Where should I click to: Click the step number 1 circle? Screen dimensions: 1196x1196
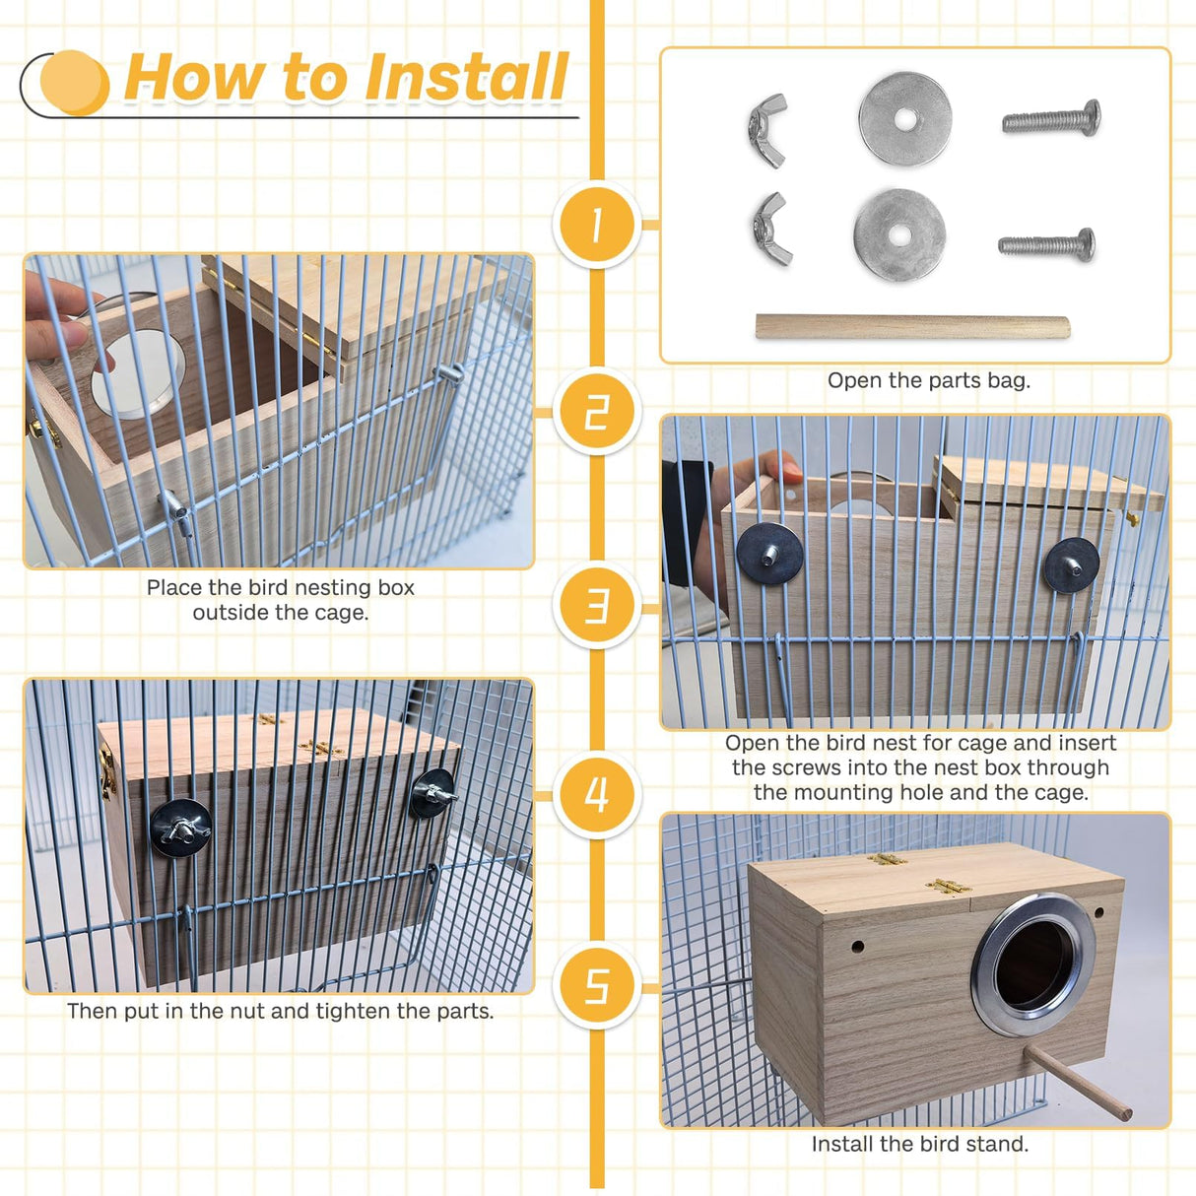tap(597, 225)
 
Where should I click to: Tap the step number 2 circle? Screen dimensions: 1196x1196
tap(597, 412)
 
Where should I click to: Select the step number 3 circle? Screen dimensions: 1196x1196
tap(597, 605)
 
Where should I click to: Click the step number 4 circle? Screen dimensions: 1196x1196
tap(597, 794)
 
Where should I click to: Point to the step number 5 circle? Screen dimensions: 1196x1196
tap(597, 985)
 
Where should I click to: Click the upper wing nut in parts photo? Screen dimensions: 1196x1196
tap(768, 130)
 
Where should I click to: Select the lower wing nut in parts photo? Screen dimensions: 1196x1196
tap(771, 230)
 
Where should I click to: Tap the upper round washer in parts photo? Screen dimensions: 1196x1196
tap(904, 119)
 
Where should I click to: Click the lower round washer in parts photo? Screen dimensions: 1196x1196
tap(898, 234)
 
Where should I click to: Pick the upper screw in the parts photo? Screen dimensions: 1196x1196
tap(1051, 119)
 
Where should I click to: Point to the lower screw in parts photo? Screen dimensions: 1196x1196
tap(1046, 243)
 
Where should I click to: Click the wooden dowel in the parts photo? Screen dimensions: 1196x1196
tap(912, 327)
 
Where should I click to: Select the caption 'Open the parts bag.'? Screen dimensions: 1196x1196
tap(928, 380)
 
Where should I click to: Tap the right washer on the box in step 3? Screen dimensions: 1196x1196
tap(1071, 565)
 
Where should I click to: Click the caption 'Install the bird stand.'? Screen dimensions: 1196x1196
tap(919, 1144)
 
